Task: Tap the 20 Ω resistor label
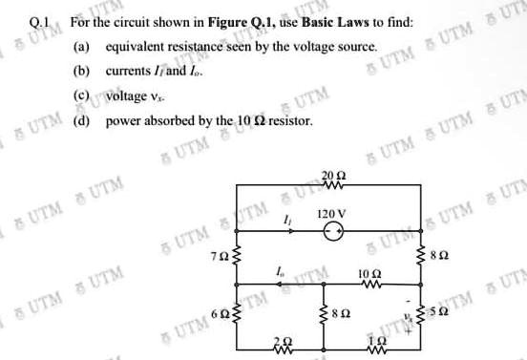click(x=329, y=177)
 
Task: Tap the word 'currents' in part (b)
click(x=126, y=72)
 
